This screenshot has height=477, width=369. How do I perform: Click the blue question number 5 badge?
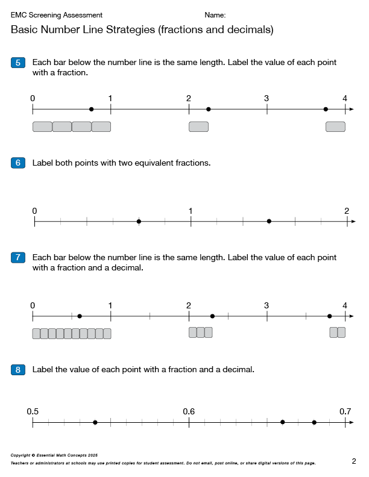click(18, 63)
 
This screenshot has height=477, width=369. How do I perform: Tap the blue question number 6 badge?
click(18, 163)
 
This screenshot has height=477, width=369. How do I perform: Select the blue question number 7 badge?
click(18, 258)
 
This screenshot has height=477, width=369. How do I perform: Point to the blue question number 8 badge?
click(18, 370)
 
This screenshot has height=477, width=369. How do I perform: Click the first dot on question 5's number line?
click(91, 109)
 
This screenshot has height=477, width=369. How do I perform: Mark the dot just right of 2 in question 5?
click(208, 109)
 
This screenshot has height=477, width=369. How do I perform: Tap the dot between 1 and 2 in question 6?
click(269, 222)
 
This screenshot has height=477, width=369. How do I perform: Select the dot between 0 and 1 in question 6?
click(139, 222)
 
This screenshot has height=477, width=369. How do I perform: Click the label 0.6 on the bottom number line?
click(189, 411)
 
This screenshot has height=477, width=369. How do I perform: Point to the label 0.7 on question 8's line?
click(345, 411)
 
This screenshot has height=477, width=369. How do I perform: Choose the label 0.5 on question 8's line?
click(33, 411)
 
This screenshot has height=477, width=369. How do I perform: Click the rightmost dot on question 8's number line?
click(314, 422)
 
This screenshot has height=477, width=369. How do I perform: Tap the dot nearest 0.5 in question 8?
click(95, 422)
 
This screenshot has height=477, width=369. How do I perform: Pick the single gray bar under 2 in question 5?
click(198, 126)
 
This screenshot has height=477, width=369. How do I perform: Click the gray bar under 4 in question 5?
click(335, 126)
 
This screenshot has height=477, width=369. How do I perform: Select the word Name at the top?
click(215, 15)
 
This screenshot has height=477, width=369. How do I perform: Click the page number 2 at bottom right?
click(354, 461)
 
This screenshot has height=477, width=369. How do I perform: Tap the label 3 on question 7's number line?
click(266, 305)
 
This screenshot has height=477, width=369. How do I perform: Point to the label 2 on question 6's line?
click(347, 211)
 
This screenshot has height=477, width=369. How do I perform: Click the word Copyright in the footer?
click(22, 455)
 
